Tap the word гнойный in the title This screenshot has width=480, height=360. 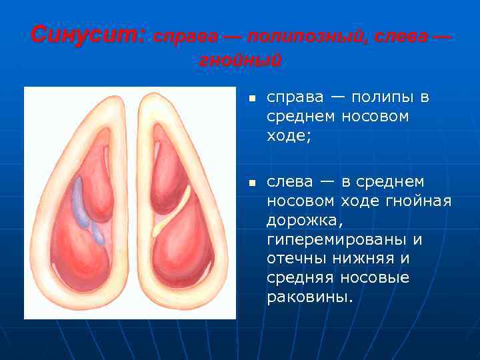(x=240, y=61)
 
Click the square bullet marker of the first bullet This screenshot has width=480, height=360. (x=252, y=99)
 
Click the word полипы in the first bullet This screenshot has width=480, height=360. (x=383, y=97)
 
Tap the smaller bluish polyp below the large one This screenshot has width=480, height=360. (x=98, y=233)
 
